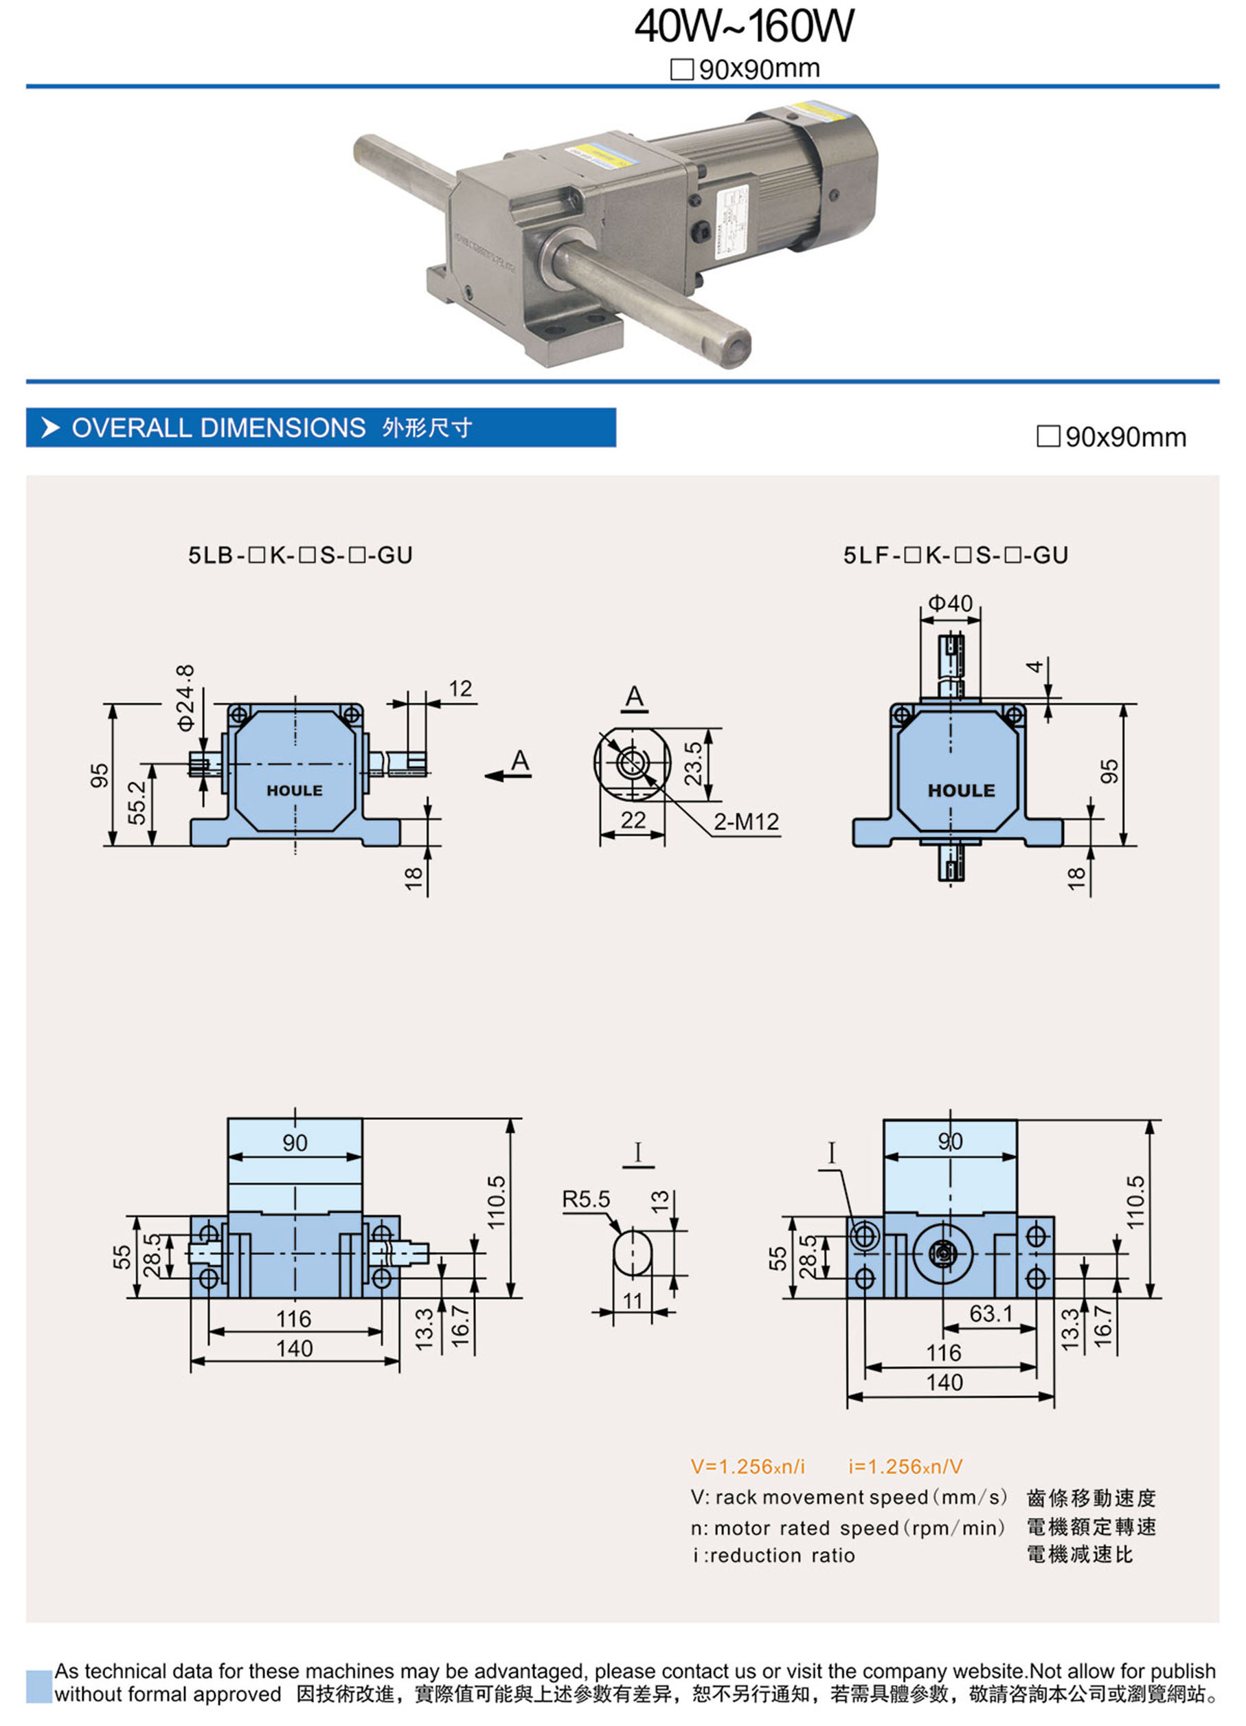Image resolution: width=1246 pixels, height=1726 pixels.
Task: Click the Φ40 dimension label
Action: point(950,603)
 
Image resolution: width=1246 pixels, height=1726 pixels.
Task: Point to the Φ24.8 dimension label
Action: point(185,697)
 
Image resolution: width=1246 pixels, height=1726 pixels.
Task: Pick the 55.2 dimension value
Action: point(137,802)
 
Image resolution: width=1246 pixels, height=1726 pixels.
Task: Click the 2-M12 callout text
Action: point(746,821)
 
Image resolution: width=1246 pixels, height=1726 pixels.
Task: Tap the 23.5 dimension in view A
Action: point(693,763)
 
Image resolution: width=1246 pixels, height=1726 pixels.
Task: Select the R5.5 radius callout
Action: point(586,1200)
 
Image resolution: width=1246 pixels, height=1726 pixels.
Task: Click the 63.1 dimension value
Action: point(990,1314)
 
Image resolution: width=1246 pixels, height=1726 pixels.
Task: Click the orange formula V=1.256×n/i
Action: point(747,1466)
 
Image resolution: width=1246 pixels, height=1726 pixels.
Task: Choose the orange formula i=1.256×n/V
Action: point(905,1466)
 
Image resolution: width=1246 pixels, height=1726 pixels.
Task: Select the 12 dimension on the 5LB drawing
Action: point(460,688)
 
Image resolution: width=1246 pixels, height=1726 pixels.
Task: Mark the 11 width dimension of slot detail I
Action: point(633,1301)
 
